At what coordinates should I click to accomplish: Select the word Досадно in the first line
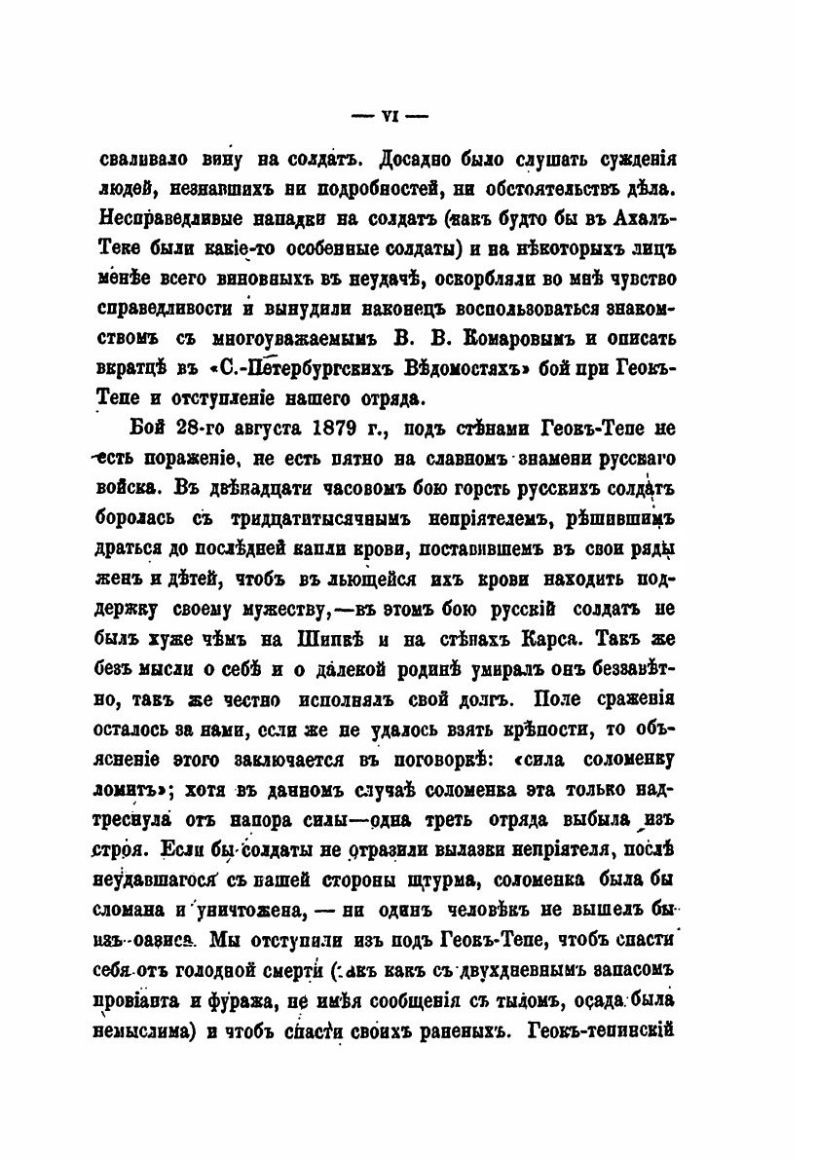click(402, 158)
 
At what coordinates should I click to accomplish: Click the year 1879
click(344, 430)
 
